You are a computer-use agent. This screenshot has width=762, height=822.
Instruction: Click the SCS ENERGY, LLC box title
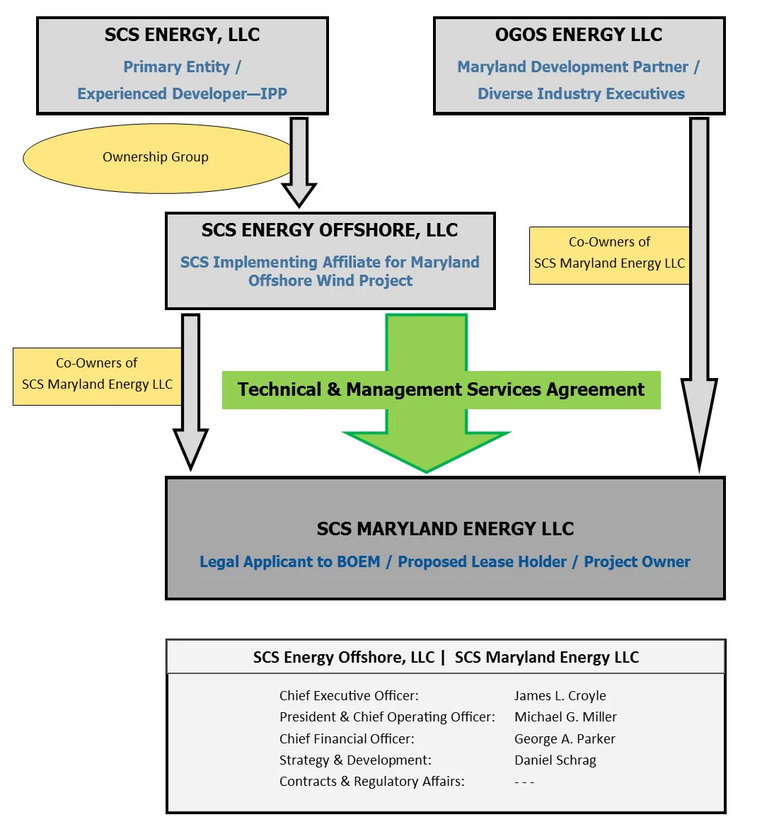point(182,35)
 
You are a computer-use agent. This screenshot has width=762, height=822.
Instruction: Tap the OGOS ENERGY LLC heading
point(579,35)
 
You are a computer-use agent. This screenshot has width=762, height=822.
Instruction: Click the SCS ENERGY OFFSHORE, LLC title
point(330,230)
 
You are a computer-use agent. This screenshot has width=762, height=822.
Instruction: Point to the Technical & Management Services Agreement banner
point(441,389)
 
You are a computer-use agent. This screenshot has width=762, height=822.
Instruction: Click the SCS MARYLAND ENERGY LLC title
point(445,528)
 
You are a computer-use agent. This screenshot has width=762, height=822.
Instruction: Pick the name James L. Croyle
point(560,696)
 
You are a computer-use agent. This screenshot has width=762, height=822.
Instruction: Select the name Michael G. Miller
point(565,717)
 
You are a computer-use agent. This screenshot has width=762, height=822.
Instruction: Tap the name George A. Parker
point(565,738)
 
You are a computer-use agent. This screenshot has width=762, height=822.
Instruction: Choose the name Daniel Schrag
point(555,760)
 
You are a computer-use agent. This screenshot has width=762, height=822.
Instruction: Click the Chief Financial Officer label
point(347,738)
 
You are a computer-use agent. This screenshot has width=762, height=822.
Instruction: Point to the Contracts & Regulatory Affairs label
point(372,781)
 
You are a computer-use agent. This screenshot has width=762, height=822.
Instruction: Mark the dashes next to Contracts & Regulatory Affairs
point(524,782)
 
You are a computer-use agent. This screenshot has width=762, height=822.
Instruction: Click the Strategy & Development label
point(355,760)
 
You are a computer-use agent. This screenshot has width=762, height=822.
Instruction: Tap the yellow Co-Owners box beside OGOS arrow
point(609,256)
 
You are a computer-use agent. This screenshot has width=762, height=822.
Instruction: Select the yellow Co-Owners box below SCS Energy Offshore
point(98,377)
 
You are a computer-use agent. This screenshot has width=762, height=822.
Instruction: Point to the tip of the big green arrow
point(427,472)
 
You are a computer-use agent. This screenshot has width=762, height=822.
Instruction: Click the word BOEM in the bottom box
point(359,561)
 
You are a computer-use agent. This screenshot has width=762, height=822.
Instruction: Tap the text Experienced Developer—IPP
point(183,93)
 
